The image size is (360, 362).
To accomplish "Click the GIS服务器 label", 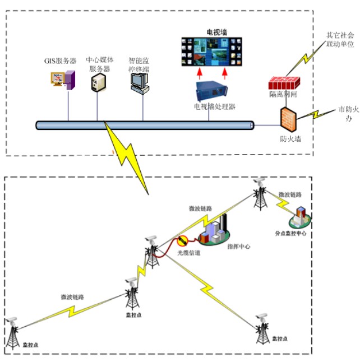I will [x=61, y=61].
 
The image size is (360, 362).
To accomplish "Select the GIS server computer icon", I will [x=65, y=80].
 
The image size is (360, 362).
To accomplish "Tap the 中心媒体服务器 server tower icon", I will [x=98, y=82].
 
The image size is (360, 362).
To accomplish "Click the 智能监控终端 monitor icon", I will [x=139, y=82].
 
